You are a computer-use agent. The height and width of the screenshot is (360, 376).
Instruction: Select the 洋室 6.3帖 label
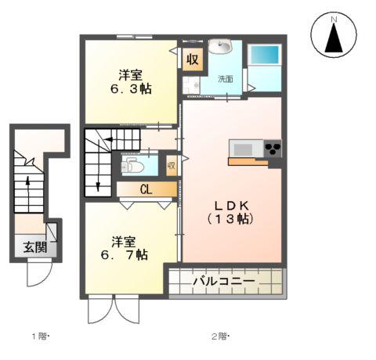(x=130, y=81)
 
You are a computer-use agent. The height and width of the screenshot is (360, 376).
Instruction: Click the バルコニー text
(x=224, y=279)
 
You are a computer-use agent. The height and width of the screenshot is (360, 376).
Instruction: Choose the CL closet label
(x=146, y=189)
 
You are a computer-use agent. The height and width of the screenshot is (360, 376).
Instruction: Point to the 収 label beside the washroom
(x=192, y=59)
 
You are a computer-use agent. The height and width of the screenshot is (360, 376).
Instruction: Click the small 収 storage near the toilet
(x=172, y=165)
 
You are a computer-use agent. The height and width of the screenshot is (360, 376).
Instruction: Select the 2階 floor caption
(x=219, y=337)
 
